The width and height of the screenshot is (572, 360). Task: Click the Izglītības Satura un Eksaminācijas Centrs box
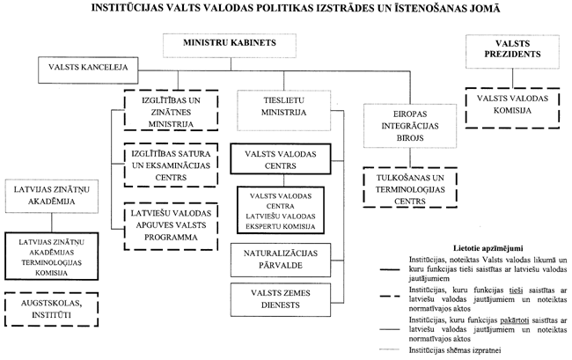(x=165, y=164)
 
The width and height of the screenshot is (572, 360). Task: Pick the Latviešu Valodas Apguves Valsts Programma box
(x=165, y=225)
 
